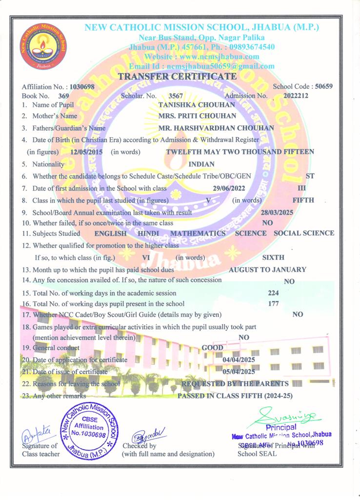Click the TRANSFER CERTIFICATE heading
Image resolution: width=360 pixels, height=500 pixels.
[x=178, y=77]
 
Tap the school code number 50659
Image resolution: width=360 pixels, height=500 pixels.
[x=324, y=86]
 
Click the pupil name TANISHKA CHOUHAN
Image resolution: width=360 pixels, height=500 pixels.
[x=190, y=104]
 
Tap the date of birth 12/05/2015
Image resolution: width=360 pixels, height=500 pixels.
[x=87, y=152]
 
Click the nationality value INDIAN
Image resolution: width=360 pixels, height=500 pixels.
[x=201, y=165]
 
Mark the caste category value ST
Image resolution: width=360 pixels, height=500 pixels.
[x=309, y=176]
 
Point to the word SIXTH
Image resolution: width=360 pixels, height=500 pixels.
[x=273, y=257]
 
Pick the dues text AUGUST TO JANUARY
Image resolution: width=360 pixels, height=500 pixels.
[x=268, y=269]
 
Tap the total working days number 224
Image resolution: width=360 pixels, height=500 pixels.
[x=274, y=293]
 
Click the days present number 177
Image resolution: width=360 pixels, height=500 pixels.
[x=274, y=304]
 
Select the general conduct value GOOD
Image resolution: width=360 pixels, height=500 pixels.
[x=212, y=348]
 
